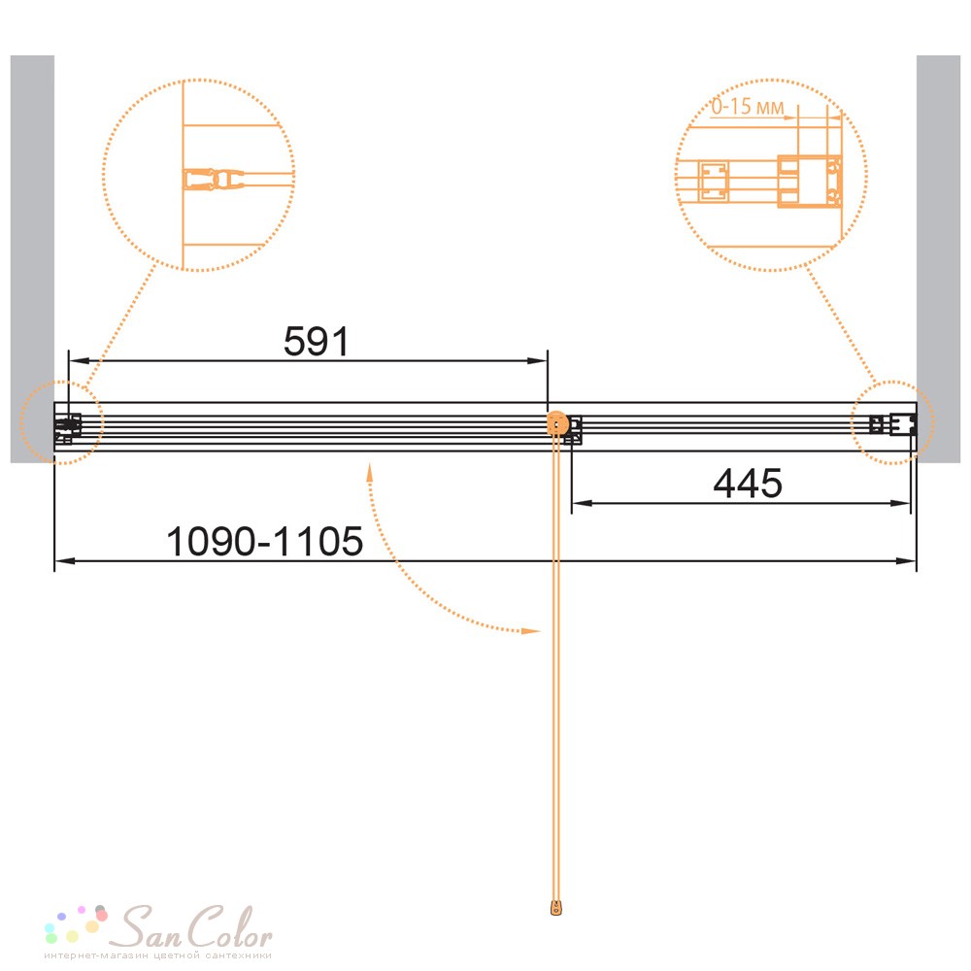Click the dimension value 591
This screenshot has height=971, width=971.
[x=317, y=341]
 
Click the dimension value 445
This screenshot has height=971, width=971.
[x=748, y=483]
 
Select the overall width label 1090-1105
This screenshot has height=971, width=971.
[x=264, y=541]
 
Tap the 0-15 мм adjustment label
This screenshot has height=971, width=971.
[x=747, y=107]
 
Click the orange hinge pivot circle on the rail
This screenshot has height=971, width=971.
[x=558, y=424]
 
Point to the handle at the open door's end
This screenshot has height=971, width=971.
[x=556, y=908]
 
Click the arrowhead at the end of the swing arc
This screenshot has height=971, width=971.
[x=531, y=631]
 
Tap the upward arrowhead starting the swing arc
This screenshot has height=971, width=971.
[x=370, y=473]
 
